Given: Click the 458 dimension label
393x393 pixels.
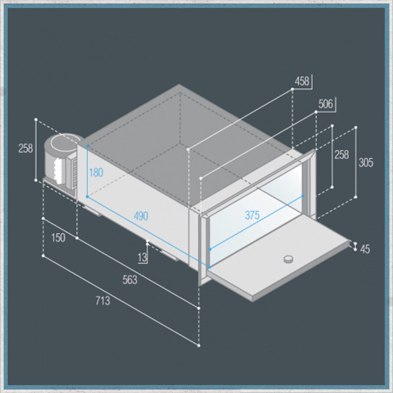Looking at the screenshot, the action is click(x=302, y=81).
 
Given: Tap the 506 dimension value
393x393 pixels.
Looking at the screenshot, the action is click(x=325, y=104).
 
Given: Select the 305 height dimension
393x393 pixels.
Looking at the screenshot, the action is click(x=366, y=162).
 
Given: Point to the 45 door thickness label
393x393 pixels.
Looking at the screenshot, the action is click(x=365, y=249).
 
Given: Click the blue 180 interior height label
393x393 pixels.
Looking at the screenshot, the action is click(x=96, y=172).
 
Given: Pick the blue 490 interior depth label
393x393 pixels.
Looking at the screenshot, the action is click(x=141, y=216).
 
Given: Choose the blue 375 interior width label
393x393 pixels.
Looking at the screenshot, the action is click(x=252, y=215).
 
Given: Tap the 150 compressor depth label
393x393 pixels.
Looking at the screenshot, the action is click(x=58, y=238).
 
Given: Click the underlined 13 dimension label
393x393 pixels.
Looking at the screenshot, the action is click(x=142, y=258).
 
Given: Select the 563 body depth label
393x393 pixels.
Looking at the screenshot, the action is click(x=130, y=280).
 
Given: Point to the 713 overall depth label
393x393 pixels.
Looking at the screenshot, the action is click(x=103, y=301).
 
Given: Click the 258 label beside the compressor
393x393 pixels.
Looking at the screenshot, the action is click(x=26, y=148).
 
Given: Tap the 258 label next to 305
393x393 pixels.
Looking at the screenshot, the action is click(x=342, y=155).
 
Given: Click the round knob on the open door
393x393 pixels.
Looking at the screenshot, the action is click(x=289, y=259).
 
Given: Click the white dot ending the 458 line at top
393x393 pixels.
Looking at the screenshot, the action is click(x=292, y=89).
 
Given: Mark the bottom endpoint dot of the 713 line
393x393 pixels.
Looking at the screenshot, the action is click(x=199, y=345).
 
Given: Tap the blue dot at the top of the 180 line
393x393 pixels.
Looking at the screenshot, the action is click(x=87, y=145).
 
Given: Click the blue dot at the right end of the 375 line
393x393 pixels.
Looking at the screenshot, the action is click(x=303, y=196).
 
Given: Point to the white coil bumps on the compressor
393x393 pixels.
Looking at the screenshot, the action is click(x=58, y=171).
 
